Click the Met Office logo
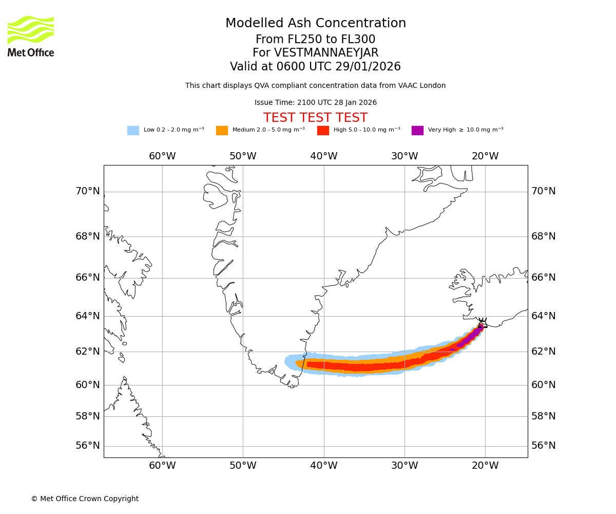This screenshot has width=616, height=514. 31,36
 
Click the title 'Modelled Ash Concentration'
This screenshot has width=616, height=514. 316,24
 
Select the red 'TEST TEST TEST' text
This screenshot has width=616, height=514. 315,118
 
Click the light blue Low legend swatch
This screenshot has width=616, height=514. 133,131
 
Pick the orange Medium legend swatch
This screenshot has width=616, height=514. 222,131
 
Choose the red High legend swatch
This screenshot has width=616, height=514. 323,131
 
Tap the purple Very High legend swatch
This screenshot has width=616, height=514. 417,131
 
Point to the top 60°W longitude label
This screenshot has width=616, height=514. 162,156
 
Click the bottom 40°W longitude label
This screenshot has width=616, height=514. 324,466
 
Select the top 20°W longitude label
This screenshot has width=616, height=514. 485,156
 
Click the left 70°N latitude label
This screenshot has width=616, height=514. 88,191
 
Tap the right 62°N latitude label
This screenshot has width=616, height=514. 544,352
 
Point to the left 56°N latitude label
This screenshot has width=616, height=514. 88,446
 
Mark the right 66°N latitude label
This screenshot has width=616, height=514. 544,278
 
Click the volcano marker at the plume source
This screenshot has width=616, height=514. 482,323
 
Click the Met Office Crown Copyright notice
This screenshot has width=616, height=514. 85,499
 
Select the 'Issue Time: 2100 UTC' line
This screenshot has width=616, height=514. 315,103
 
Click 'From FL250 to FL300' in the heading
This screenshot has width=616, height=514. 315,40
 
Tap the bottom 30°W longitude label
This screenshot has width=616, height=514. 405,466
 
